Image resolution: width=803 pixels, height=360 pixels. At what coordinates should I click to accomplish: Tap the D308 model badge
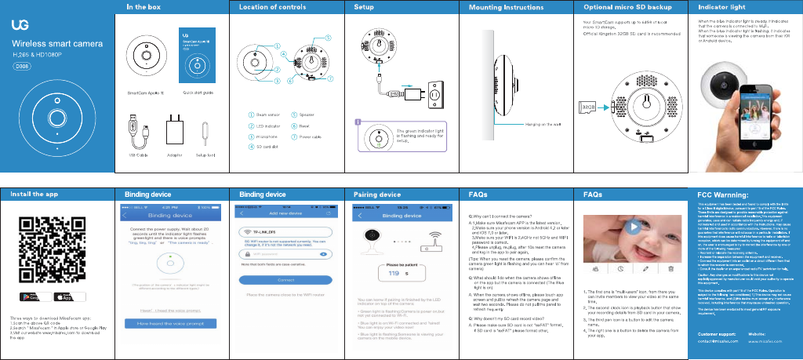(23, 67)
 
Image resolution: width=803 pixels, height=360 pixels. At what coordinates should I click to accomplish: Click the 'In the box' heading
(144, 6)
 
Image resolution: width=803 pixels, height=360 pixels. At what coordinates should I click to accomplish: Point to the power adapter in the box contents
(175, 128)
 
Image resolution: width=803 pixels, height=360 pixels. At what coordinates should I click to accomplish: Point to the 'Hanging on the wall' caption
(543, 125)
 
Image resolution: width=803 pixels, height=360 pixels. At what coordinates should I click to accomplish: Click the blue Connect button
(285, 280)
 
